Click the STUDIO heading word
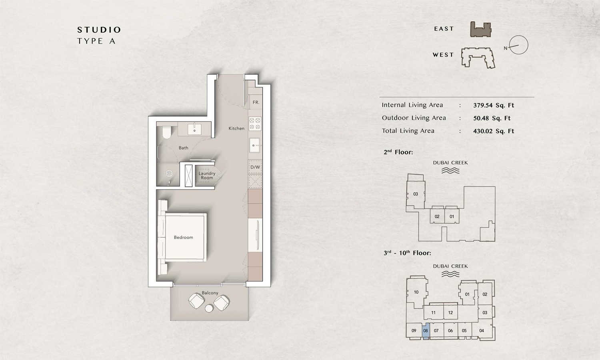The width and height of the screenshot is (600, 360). pos(99,30)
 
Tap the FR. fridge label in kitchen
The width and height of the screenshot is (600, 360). pos(256,102)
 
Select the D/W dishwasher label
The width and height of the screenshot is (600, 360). pos(255,167)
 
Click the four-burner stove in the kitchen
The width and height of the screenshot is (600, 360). pos(255,124)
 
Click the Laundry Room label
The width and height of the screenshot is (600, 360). pos(207,176)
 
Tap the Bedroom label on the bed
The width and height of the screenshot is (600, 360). pos(183,238)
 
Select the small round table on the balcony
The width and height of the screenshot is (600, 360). pos(209,308)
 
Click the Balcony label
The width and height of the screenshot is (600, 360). pos(210,293)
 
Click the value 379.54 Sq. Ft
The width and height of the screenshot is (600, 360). pos(493,106)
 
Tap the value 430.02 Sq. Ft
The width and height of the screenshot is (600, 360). pos(493,131)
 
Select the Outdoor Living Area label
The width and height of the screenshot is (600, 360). pos(414,118)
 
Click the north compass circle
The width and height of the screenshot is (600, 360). pos(519,45)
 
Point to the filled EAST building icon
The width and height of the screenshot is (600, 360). pos(480,30)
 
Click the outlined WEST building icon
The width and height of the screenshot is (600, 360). pos(478,58)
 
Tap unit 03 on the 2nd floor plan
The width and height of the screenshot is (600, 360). pos(416,194)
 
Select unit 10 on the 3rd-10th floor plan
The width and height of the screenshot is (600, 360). pos(416,292)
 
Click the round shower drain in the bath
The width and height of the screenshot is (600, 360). pos(169,174)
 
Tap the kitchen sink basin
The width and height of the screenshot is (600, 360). pos(254,145)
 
